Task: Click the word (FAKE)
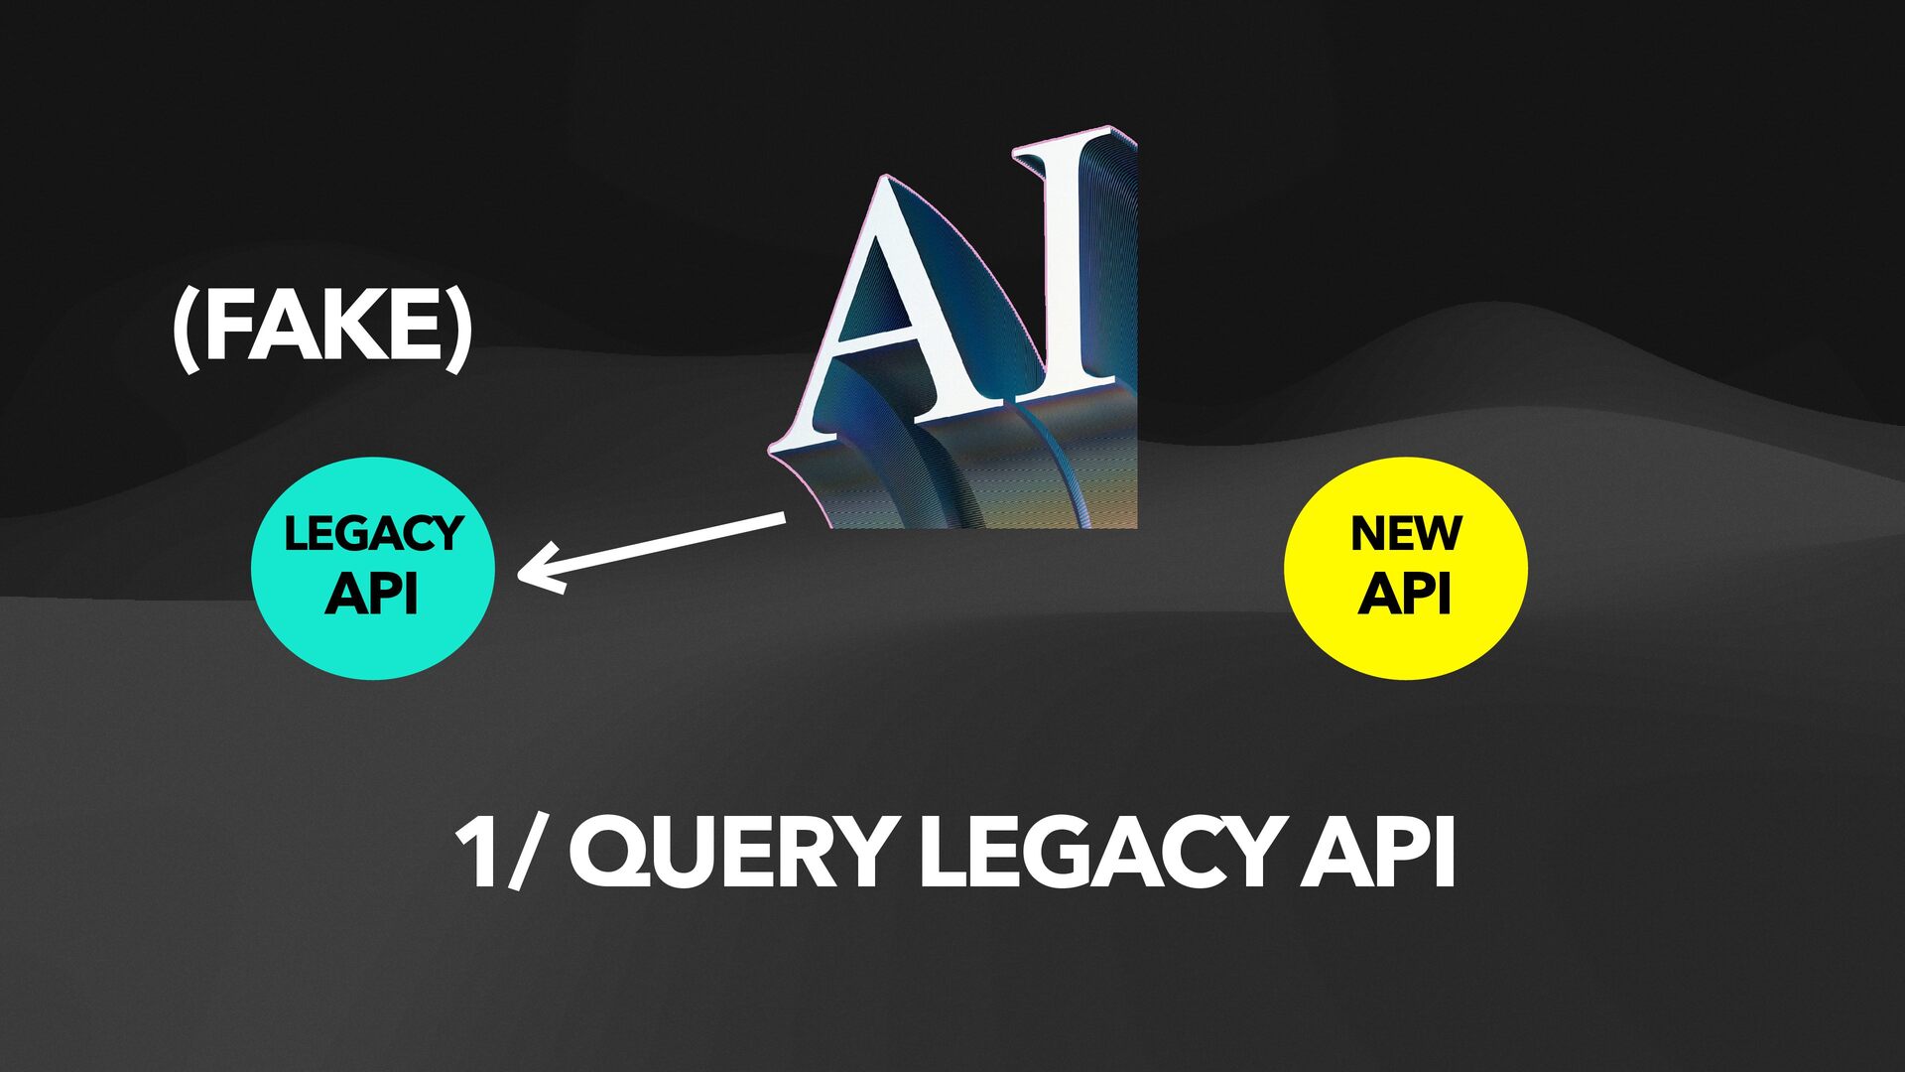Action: [321, 330]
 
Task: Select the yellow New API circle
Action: [1405, 569]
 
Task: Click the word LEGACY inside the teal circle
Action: [373, 534]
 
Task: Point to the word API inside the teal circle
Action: [371, 594]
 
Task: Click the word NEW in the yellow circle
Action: [1406, 534]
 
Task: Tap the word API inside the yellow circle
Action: [1405, 594]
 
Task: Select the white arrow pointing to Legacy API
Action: [655, 546]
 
